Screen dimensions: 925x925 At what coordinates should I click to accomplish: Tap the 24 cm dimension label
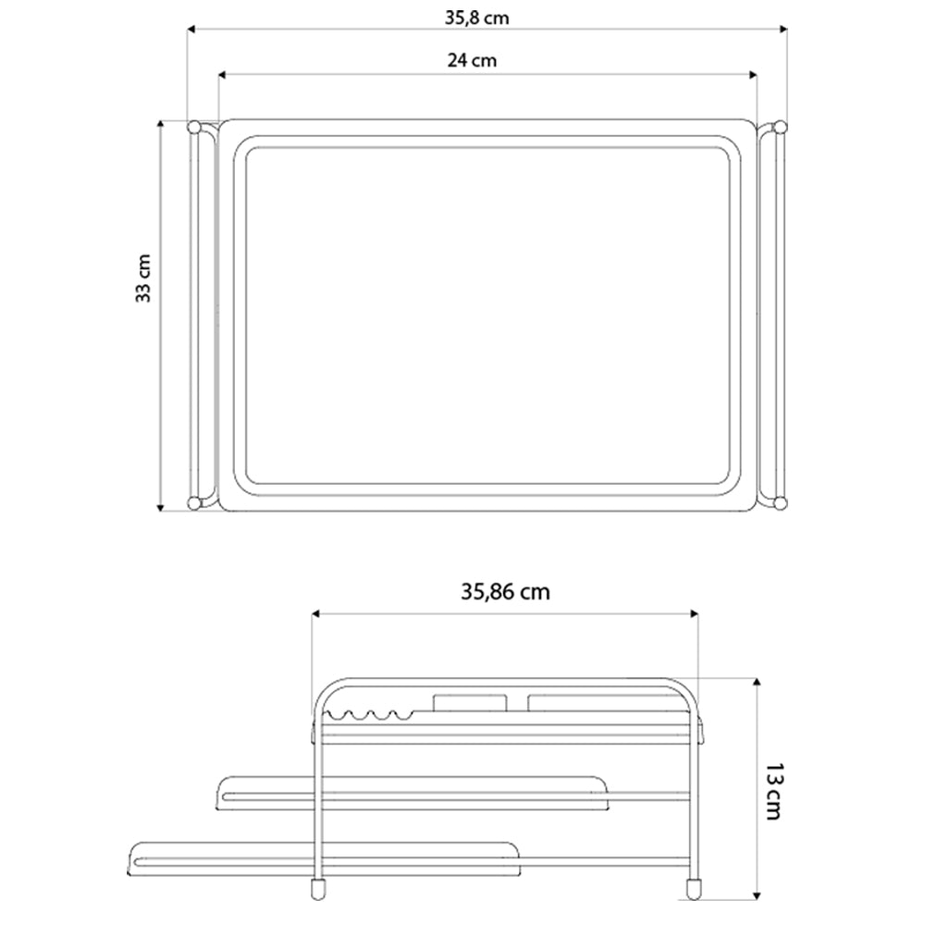[471, 61]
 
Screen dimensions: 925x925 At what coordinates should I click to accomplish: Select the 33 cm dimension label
[143, 277]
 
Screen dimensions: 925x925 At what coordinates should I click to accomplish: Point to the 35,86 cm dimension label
[505, 591]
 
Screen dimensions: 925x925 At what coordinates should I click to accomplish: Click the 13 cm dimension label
[775, 792]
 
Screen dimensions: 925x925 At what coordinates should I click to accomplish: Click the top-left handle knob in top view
[194, 127]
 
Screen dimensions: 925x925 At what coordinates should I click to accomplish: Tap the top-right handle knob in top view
[780, 127]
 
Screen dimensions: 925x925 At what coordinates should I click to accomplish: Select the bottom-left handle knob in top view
[194, 503]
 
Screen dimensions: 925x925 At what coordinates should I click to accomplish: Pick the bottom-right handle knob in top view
[780, 503]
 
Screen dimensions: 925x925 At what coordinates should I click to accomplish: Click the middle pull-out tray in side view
[412, 794]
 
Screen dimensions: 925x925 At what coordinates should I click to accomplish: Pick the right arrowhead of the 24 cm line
[753, 75]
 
